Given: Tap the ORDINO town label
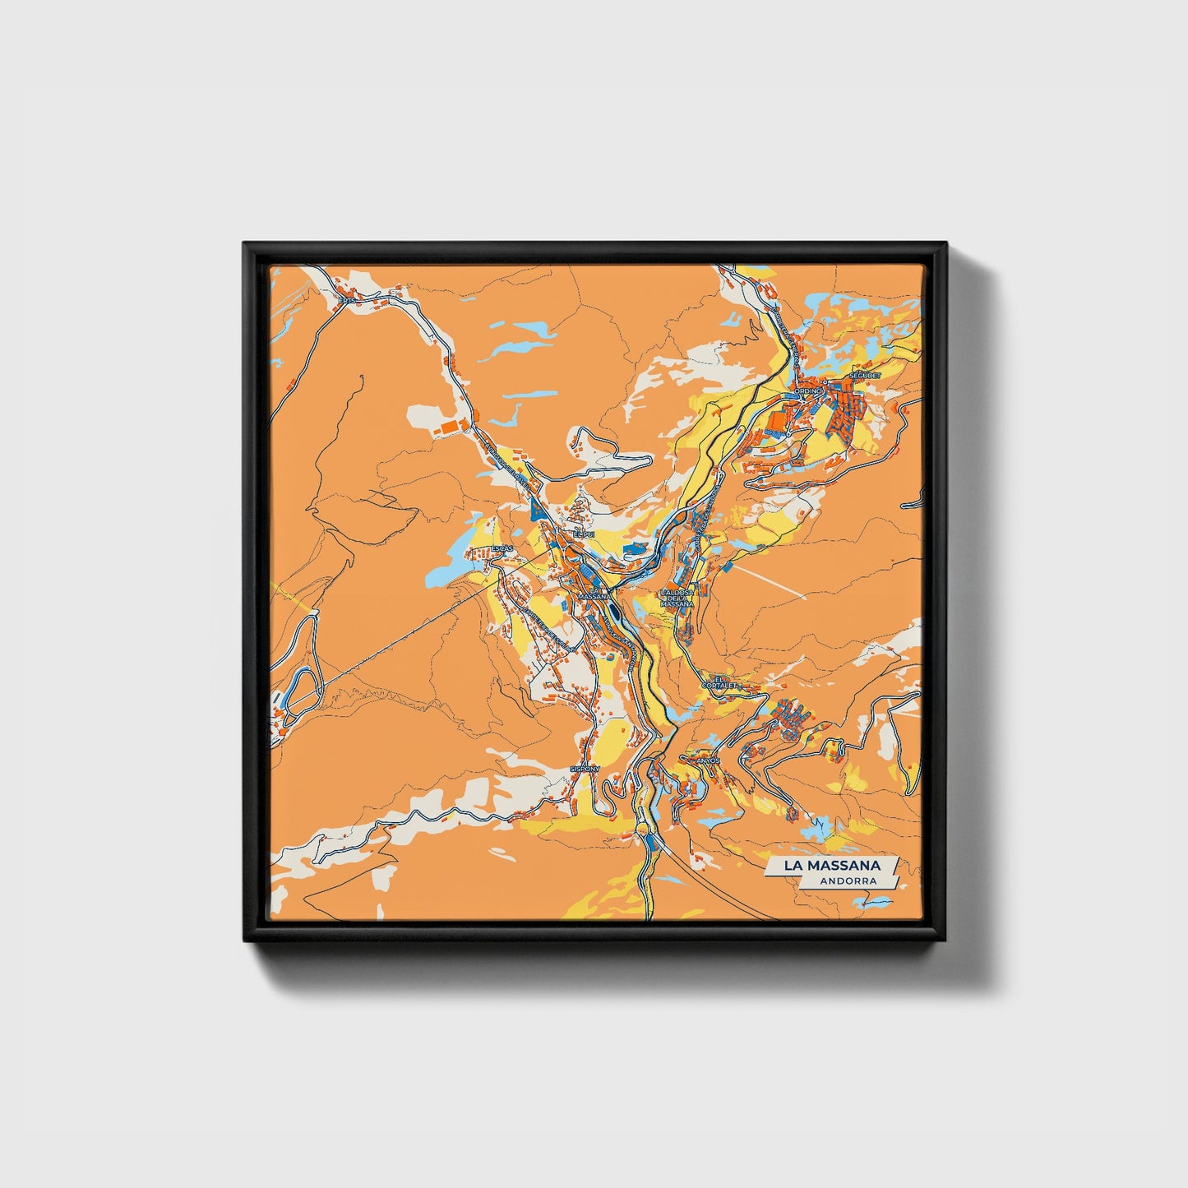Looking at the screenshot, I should pos(807,391).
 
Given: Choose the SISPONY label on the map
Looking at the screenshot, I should pos(585,769).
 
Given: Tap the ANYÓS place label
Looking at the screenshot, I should pos(709,761).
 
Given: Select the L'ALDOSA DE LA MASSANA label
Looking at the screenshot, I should pos(677,598).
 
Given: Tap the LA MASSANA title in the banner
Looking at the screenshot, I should pos(831,866).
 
